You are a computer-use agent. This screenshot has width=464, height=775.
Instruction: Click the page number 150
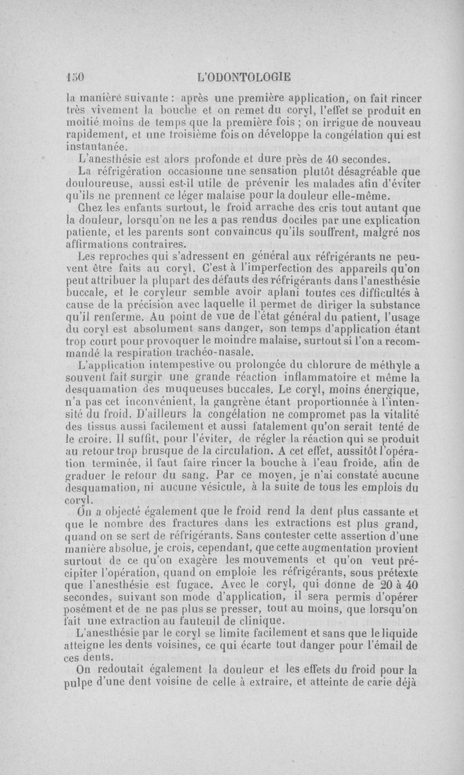tap(75, 76)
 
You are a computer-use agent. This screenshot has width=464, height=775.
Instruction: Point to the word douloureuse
tap(96, 184)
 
